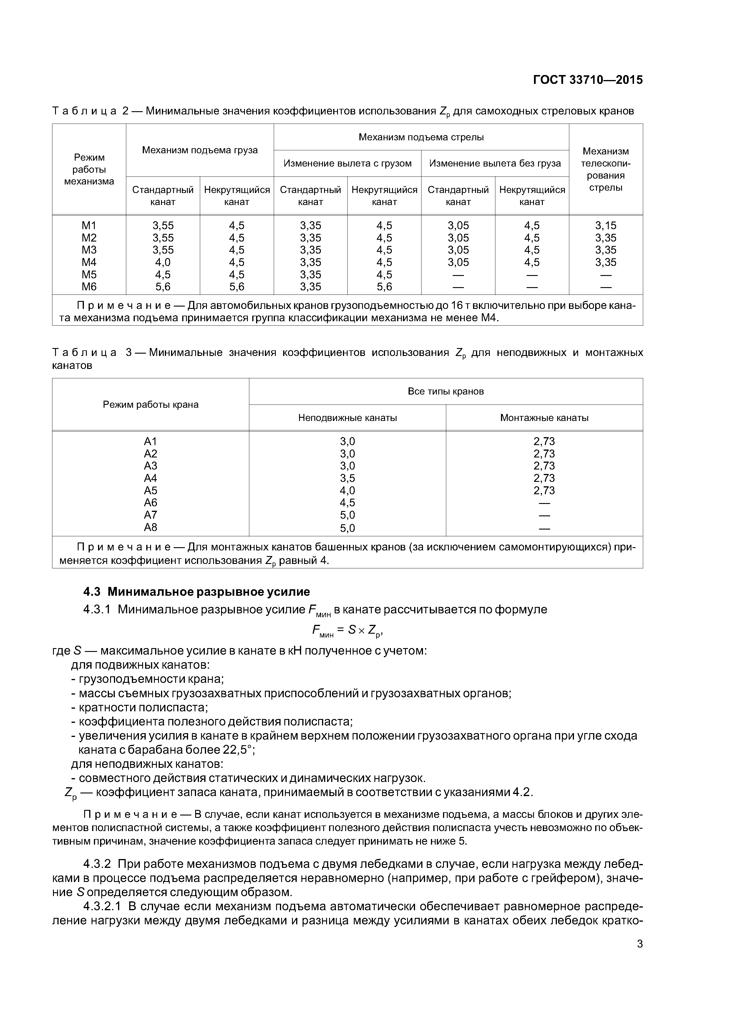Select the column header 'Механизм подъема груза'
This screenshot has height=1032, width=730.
coord(200,150)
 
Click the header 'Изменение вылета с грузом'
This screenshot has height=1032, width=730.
coord(347,163)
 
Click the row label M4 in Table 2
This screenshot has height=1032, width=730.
coord(89,262)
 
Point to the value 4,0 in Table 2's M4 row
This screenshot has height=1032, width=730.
coord(163,262)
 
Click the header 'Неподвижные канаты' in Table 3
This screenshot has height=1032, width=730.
coord(347,418)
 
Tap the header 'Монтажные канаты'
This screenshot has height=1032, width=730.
coord(544,418)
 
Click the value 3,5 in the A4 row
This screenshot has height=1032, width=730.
coord(347,478)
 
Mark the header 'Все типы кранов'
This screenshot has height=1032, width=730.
coord(446,392)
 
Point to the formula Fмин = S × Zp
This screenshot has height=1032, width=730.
coord(347,631)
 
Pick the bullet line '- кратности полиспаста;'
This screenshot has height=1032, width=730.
coord(140,708)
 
